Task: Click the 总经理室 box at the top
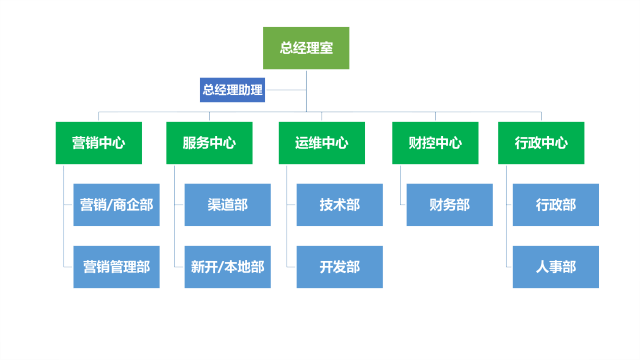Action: tap(307, 48)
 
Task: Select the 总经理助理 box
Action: tap(232, 90)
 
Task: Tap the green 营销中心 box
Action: tap(98, 143)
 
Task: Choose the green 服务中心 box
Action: tap(209, 143)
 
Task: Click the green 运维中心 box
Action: tap(322, 143)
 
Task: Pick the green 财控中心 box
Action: tap(435, 143)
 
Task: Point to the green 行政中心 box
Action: tap(541, 143)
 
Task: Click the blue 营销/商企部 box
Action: tap(116, 205)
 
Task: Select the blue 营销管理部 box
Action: tap(116, 267)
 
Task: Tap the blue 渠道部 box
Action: tap(228, 205)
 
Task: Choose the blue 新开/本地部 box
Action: tap(228, 267)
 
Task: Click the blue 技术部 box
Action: tap(340, 205)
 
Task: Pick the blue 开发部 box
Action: tap(340, 267)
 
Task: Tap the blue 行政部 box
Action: tap(556, 205)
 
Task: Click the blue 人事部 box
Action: tap(556, 267)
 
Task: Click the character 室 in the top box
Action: tap(327, 48)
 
